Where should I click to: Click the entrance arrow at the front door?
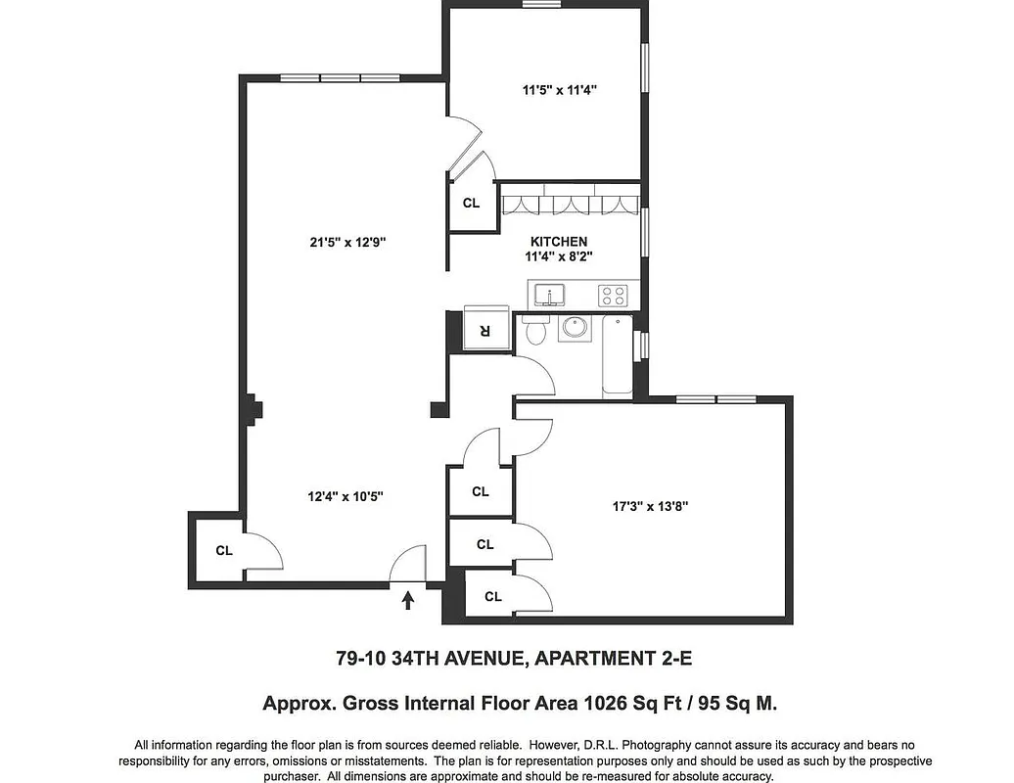click(x=408, y=598)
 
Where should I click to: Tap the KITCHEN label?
click(x=559, y=242)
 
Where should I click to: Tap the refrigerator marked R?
click(x=484, y=328)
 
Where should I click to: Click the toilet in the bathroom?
click(x=535, y=330)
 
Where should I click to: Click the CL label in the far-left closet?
click(x=224, y=550)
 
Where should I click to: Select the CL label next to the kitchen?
click(x=471, y=204)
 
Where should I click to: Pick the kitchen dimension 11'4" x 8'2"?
click(x=559, y=257)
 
